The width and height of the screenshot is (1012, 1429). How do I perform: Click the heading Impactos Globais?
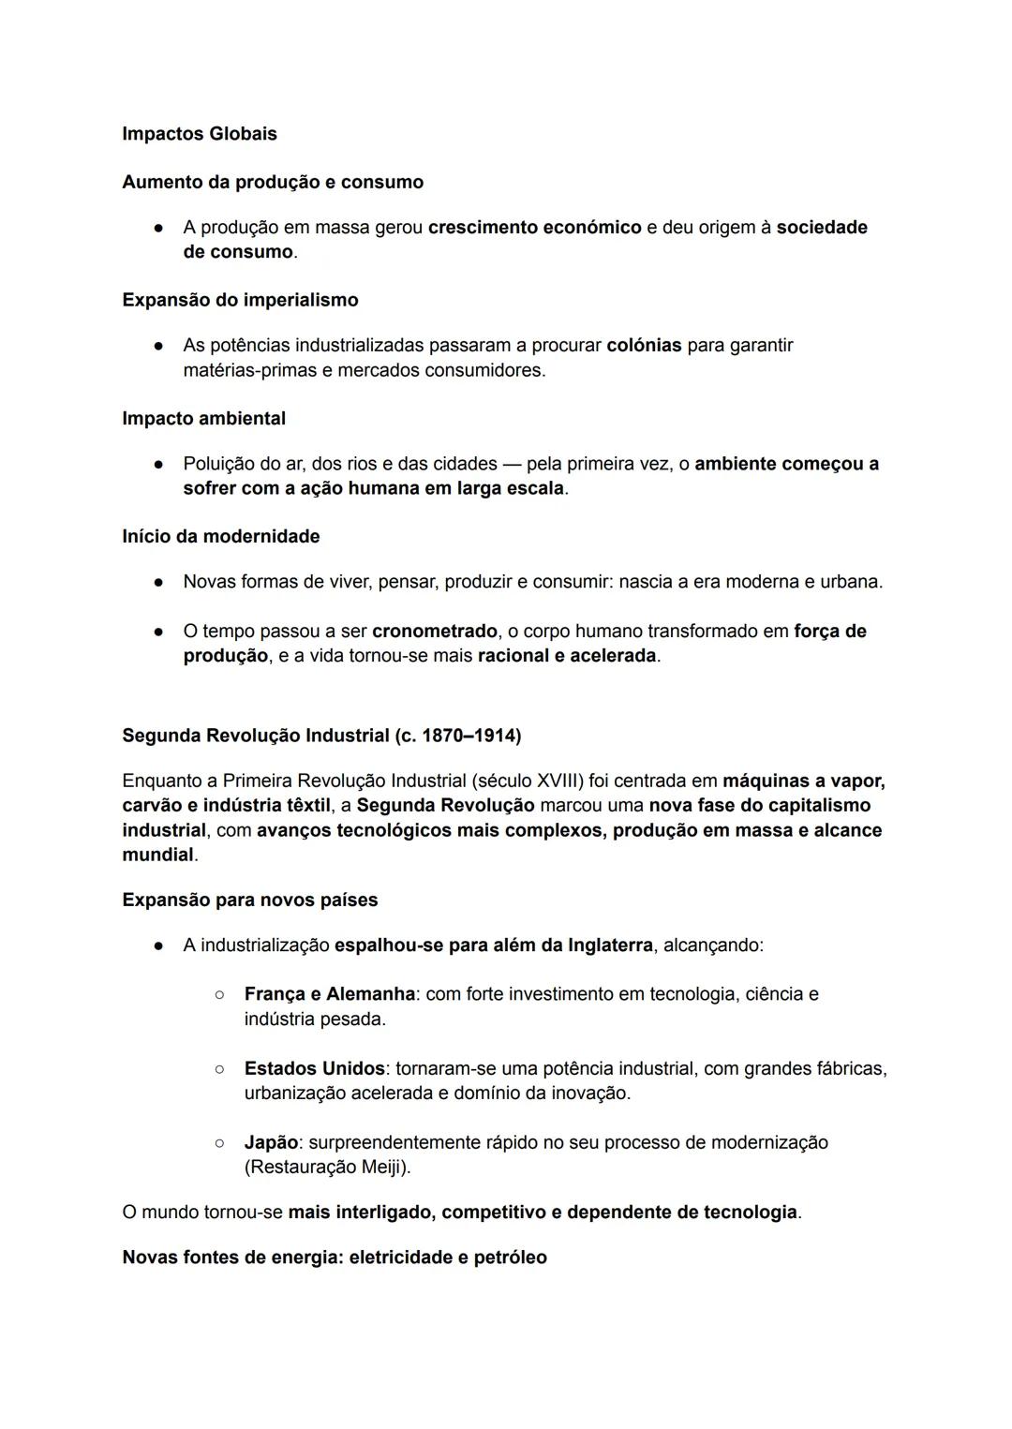tap(200, 134)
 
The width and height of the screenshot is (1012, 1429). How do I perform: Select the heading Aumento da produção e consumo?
tap(273, 182)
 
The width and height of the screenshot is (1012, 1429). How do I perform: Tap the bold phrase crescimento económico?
tap(534, 228)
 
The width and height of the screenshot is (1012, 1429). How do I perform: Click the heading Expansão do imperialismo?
tap(240, 300)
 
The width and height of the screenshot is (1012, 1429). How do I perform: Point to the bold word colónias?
tap(644, 346)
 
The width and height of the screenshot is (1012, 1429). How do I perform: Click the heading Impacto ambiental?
tap(204, 419)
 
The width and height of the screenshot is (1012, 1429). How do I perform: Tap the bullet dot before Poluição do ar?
tap(159, 464)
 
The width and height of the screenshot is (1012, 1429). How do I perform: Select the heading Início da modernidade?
tap(221, 537)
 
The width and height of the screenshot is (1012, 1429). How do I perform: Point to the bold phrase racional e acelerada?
tap(566, 656)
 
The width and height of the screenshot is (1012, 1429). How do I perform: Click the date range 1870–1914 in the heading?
tap(470, 736)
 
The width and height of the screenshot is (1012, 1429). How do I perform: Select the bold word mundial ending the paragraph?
tap(157, 855)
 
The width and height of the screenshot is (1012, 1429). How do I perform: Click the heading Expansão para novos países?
tap(250, 901)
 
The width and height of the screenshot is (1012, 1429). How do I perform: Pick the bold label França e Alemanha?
tap(329, 994)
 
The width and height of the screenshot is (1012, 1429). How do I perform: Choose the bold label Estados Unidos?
tap(314, 1069)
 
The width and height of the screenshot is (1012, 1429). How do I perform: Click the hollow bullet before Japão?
tap(219, 1143)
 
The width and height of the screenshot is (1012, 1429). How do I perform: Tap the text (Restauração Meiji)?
tap(327, 1168)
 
